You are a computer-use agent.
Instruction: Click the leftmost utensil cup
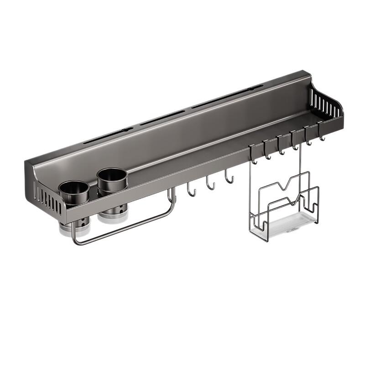(x=74, y=192)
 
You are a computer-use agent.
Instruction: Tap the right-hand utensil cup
(x=112, y=179)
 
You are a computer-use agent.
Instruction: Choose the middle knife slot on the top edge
(x=163, y=118)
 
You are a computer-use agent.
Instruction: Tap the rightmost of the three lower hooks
(x=229, y=177)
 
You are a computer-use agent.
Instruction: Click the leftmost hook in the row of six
(x=252, y=156)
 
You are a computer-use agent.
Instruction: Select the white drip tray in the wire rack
(x=292, y=226)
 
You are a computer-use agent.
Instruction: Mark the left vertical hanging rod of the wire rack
(x=250, y=192)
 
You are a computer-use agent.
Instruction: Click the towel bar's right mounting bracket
(x=172, y=195)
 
